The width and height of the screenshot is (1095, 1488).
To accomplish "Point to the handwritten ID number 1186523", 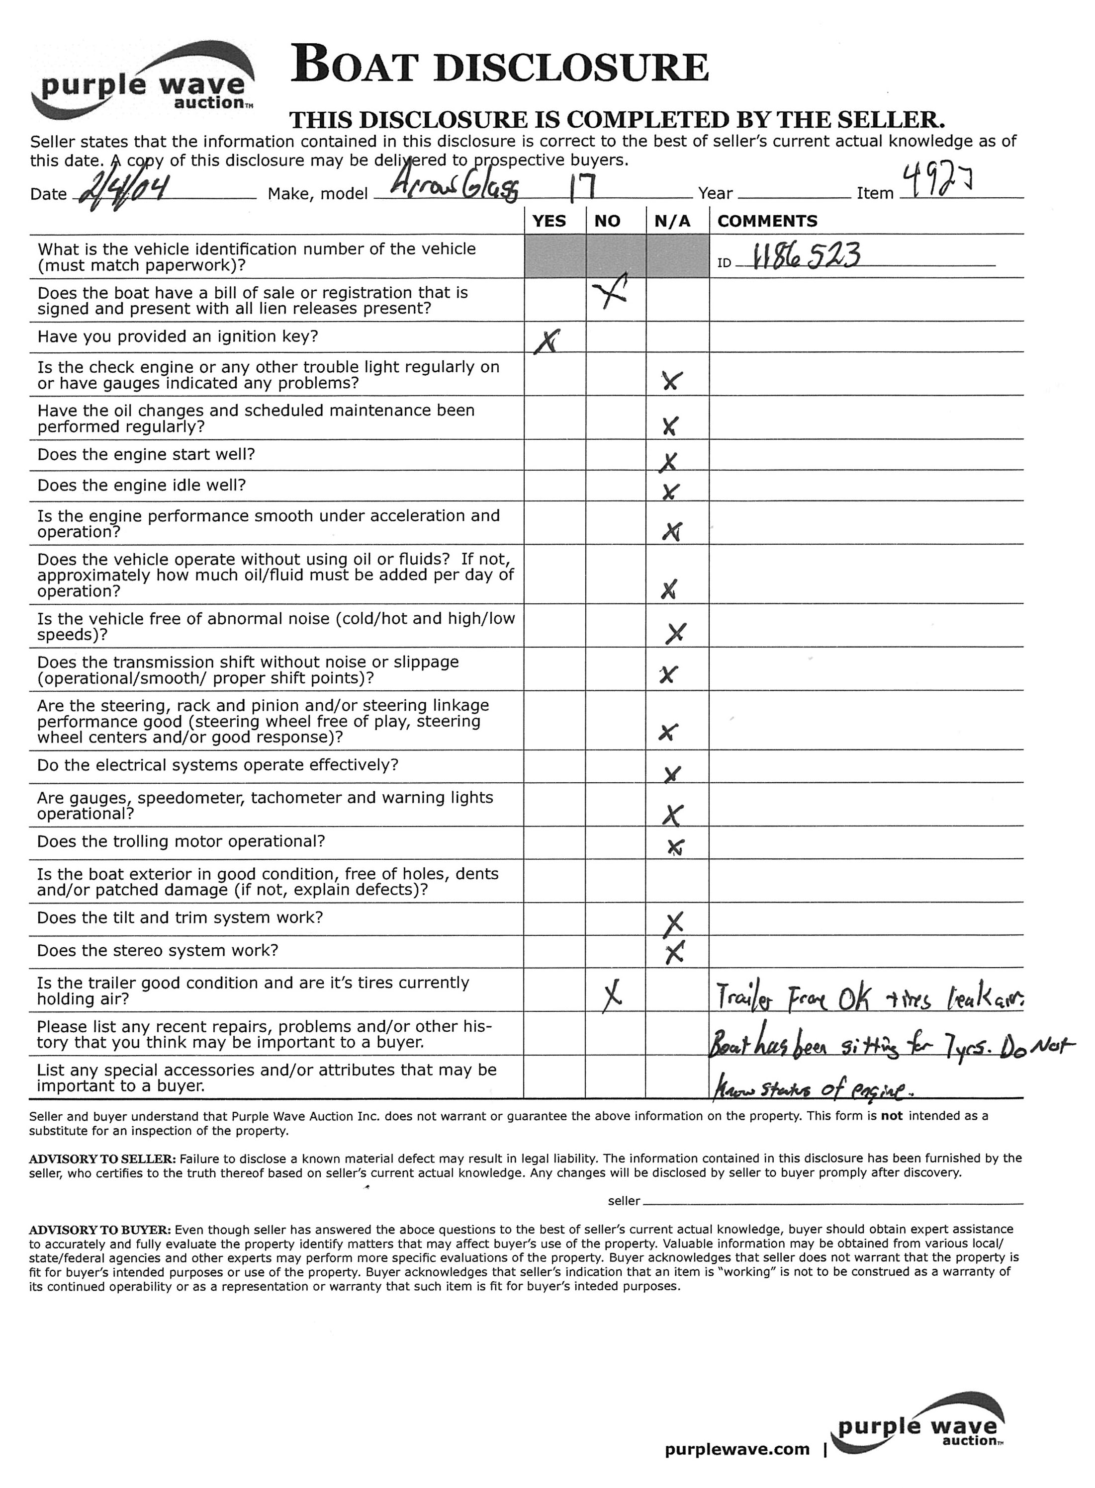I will click(809, 254).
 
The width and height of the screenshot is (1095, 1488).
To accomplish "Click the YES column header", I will click(549, 221).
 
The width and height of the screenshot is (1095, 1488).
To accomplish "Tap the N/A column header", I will click(672, 221).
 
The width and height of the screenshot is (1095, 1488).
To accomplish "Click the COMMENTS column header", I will click(767, 221).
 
